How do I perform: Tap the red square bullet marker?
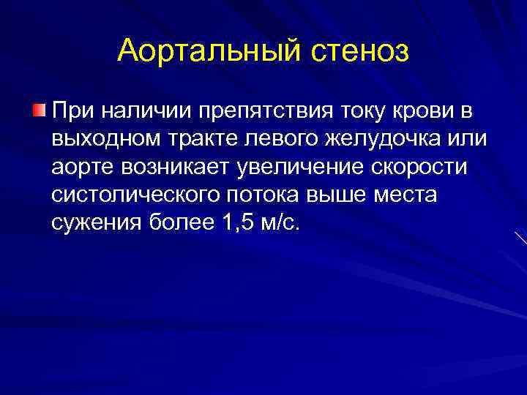pyautogui.click(x=39, y=110)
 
